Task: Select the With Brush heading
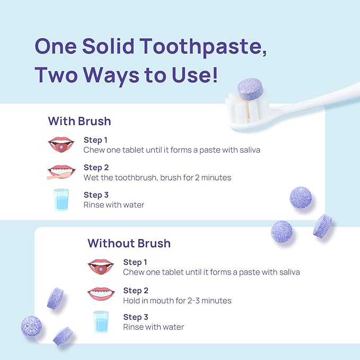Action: [x=80, y=121]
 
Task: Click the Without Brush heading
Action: [x=129, y=243]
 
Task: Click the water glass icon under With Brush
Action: [x=61, y=200]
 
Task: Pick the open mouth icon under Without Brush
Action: [x=100, y=266]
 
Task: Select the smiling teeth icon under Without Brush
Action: [x=100, y=293]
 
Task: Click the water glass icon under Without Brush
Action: [x=101, y=322]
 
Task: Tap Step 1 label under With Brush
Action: [x=96, y=140]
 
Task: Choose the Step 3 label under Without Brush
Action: [x=136, y=317]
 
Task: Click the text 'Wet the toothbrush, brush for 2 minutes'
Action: [x=157, y=178]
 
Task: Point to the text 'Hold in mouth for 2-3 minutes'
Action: [x=177, y=301]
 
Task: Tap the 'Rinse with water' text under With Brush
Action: [x=114, y=205]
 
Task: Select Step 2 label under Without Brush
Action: [x=136, y=291]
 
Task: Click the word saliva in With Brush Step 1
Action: [x=247, y=150]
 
